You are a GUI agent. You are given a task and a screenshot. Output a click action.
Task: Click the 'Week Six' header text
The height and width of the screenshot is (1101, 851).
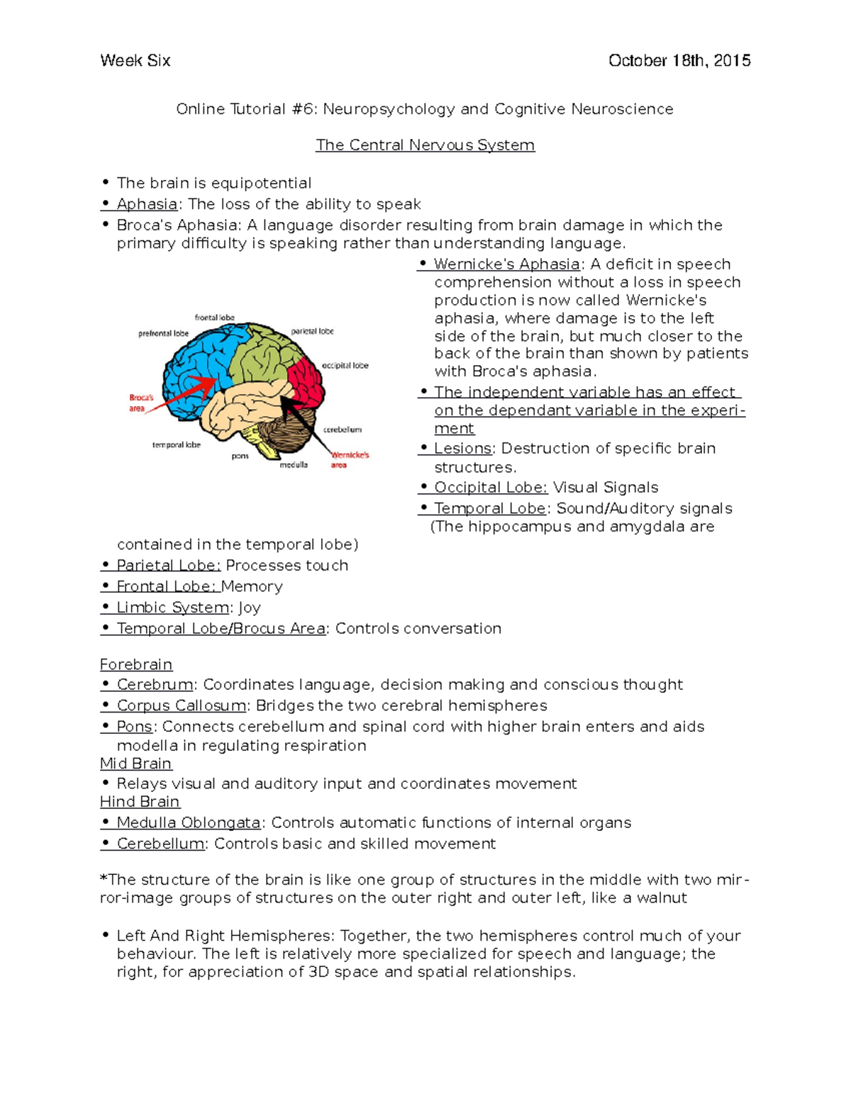coord(135,61)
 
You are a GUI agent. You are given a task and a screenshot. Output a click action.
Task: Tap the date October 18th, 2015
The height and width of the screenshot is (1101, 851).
coord(679,61)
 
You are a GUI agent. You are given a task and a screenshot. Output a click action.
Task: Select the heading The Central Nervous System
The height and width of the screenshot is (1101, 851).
coord(425,145)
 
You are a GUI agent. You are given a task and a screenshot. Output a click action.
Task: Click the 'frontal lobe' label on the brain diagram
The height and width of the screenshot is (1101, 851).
coord(214,318)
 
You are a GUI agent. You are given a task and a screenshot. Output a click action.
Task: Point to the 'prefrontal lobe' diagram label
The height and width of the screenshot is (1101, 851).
coord(163,333)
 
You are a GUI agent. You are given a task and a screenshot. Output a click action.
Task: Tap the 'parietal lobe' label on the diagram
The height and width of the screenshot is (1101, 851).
coord(312,331)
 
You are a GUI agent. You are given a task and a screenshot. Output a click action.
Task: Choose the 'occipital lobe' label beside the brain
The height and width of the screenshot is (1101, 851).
coord(345,366)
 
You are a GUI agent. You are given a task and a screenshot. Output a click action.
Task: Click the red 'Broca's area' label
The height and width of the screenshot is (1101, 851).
coord(140,403)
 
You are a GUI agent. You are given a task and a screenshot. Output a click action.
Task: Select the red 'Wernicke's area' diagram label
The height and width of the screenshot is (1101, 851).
coord(349,459)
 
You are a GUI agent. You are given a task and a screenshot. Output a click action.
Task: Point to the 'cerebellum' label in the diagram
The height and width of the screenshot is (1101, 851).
coord(343,430)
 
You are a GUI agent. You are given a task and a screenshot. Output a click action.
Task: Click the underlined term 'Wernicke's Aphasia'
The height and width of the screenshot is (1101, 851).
coord(506,264)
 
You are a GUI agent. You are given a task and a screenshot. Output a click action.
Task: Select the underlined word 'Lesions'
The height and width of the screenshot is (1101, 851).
coord(462,449)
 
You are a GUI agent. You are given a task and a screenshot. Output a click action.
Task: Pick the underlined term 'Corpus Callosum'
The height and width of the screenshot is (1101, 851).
coord(182,706)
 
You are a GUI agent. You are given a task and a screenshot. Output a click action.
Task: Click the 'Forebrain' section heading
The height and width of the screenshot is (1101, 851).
coord(136,665)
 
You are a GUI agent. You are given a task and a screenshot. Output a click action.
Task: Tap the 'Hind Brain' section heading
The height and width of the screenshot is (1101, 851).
coord(140,802)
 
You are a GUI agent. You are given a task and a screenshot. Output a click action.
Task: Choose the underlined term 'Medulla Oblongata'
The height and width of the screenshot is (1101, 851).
coord(189,823)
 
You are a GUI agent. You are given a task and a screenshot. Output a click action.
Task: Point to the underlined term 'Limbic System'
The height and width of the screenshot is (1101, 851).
coord(173,608)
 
